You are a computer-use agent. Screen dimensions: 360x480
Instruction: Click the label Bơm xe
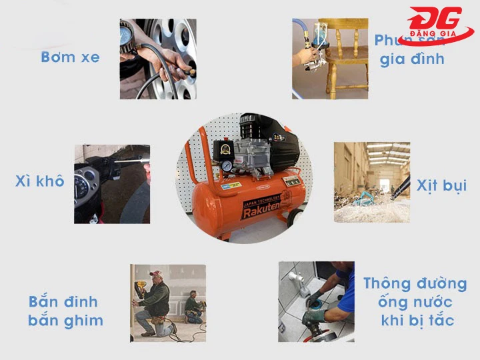pyautogui.click(x=70, y=57)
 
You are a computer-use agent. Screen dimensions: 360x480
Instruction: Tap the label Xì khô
pyautogui.click(x=40, y=181)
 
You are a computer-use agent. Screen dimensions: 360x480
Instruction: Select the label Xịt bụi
pyautogui.click(x=441, y=185)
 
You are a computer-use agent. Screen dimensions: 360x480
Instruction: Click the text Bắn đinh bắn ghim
pyautogui.click(x=65, y=311)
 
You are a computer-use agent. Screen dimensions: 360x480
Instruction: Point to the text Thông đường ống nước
pyautogui.click(x=415, y=293)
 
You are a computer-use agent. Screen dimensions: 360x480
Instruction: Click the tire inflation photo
pyautogui.click(x=158, y=59)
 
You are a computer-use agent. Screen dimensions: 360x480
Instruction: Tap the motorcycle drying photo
pyautogui.click(x=111, y=183)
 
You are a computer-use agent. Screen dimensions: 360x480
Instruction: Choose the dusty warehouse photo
pyautogui.click(x=371, y=181)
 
